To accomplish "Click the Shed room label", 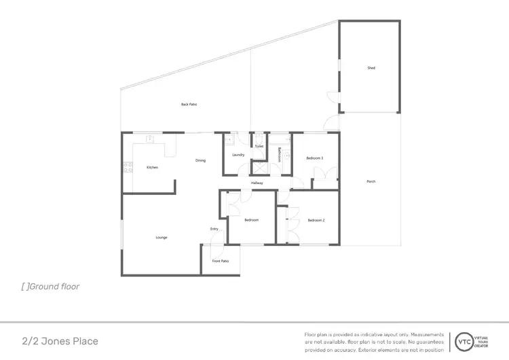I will coord(371,68).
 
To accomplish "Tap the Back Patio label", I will coord(189,105).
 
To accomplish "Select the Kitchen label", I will coord(152,167).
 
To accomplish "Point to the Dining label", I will coord(200,160).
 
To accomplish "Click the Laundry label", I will coord(238,155).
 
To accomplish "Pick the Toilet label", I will coord(259,146).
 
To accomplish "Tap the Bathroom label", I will coord(280,154).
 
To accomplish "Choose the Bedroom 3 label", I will coord(314,158).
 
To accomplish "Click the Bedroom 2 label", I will coord(316,220).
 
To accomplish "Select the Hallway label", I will coord(257,183).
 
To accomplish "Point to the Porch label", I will coord(371,181).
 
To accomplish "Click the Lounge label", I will coord(162,237).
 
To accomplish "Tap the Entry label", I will coord(214,229).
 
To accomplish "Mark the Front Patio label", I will coord(220,261).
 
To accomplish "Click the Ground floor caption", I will coord(51,287).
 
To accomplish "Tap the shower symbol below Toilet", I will coord(259,166).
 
